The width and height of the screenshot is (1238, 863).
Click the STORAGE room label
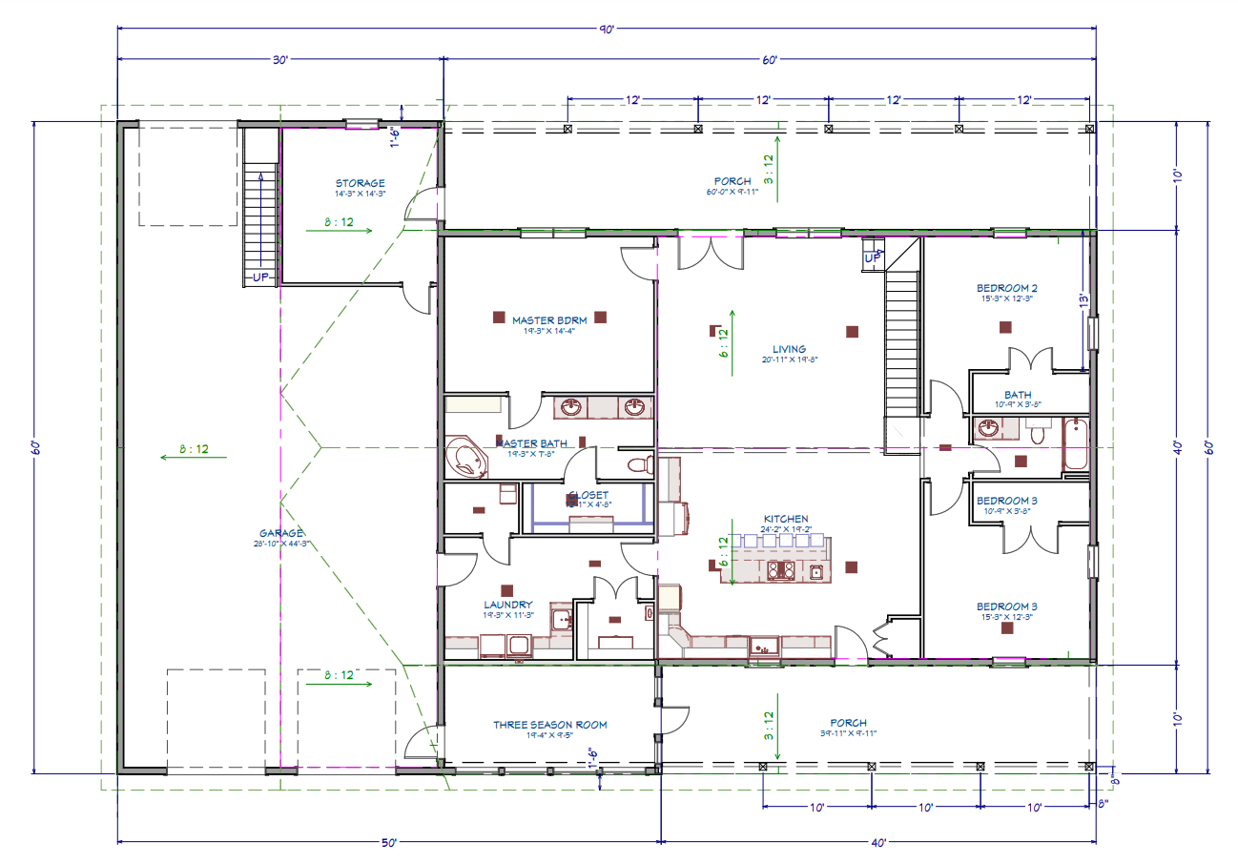pyautogui.click(x=360, y=183)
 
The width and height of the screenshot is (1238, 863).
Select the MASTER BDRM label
pyautogui.click(x=548, y=320)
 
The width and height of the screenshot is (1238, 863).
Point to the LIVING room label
pyautogui.click(x=789, y=349)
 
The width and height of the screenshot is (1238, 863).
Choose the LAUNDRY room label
pyautogui.click(x=507, y=605)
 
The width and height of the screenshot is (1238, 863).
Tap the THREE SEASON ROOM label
pyautogui.click(x=549, y=725)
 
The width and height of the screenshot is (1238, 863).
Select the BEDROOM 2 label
pyautogui.click(x=1006, y=288)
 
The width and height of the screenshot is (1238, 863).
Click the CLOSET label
pyautogui.click(x=588, y=495)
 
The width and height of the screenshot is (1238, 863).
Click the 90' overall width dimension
pyautogui.click(x=607, y=29)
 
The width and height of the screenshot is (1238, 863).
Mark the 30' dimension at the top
pyautogui.click(x=279, y=60)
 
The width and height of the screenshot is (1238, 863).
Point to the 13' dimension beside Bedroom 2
pyautogui.click(x=1083, y=298)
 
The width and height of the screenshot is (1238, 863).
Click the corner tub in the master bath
pyautogui.click(x=466, y=459)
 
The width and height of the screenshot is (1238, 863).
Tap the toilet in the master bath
pyautogui.click(x=641, y=465)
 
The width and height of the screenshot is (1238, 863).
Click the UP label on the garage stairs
pyautogui.click(x=258, y=277)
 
